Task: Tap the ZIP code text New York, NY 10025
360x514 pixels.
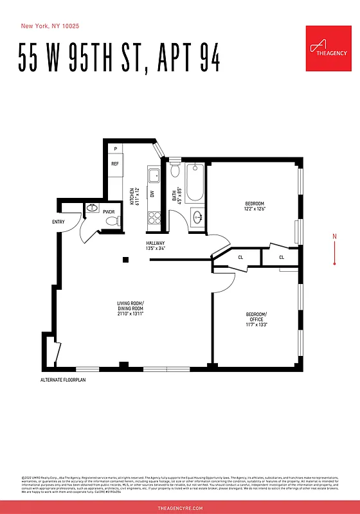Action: [x=50, y=26]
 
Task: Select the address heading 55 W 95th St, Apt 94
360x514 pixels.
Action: [x=120, y=60]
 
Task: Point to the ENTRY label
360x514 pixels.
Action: [x=59, y=222]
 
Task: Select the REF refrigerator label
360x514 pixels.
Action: [x=115, y=164]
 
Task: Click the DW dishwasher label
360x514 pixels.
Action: [x=152, y=193]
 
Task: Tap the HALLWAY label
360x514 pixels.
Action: [x=157, y=243]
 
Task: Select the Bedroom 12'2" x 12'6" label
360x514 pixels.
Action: [x=255, y=206]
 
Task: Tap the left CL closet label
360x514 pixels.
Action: [x=240, y=258]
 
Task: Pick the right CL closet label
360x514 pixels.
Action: [x=282, y=258]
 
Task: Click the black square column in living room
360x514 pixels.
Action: [x=126, y=260]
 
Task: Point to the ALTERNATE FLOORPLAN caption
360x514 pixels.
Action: [x=62, y=380]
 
